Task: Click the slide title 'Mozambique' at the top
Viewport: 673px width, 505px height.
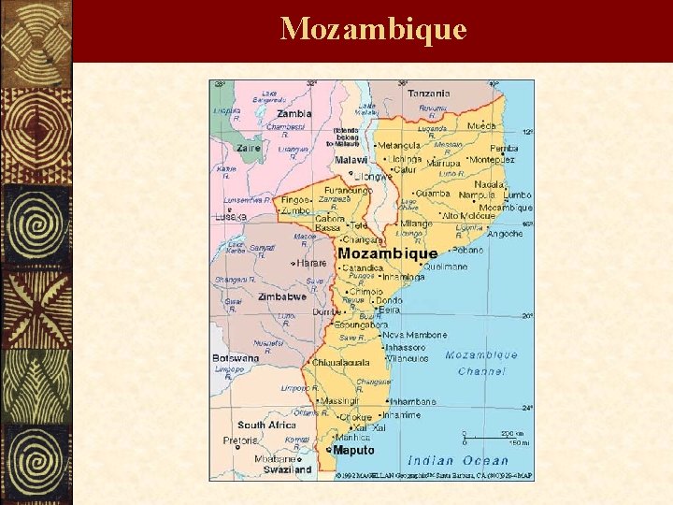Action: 373,28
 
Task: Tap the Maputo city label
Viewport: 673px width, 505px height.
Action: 353,451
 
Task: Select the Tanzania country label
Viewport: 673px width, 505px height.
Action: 428,94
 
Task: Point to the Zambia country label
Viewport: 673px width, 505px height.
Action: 294,114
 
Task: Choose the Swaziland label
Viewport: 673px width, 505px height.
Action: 287,469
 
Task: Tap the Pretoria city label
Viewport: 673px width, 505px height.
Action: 240,440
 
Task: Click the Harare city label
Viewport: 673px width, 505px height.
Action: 311,264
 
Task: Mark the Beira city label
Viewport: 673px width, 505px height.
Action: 389,310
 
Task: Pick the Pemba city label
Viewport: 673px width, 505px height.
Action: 504,149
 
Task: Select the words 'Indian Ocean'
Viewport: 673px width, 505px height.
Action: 458,461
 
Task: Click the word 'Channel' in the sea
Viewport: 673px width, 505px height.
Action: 481,371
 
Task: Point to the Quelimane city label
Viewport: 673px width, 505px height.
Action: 445,267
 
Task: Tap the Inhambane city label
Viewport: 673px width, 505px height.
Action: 414,402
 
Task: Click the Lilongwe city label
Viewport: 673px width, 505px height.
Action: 373,175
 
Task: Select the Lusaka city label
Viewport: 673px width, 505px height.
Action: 230,216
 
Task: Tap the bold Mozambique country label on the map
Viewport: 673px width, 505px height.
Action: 387,253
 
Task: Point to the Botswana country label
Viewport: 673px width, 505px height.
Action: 236,358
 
